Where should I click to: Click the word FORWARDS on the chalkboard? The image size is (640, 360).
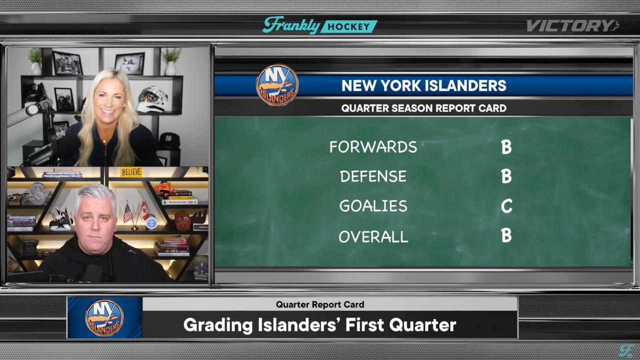point(373,146)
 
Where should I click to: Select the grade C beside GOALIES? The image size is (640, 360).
point(506,206)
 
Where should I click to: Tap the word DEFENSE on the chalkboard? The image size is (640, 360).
point(373,176)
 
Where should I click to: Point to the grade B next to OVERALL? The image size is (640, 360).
point(506,235)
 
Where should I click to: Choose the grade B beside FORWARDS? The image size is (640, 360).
point(506,146)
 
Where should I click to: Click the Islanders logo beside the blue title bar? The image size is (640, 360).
point(277,84)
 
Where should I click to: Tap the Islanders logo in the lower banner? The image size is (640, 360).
point(104,318)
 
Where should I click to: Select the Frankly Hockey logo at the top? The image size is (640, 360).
point(320,25)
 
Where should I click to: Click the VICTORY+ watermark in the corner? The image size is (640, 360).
point(572,26)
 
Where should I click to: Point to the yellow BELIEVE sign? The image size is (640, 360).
point(131,172)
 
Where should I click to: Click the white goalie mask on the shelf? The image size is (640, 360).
point(151,100)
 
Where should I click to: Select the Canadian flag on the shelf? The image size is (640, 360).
point(143,210)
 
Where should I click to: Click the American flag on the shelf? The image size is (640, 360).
point(128,212)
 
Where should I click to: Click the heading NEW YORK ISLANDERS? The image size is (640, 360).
point(423,85)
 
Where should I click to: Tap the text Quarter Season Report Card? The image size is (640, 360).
point(423,108)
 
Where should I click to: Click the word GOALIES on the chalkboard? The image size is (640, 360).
point(373,206)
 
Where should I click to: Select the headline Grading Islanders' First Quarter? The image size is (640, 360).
point(319,325)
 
